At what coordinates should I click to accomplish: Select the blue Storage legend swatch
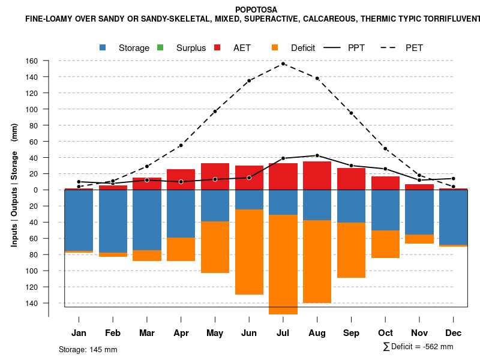104,47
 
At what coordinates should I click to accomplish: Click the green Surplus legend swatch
160,47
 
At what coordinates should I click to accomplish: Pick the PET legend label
414,48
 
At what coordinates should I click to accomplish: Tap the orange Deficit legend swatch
275,47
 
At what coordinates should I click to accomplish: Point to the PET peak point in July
283,64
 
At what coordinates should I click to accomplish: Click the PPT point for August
317,155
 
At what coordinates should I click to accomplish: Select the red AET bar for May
215,176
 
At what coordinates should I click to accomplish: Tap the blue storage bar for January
79,220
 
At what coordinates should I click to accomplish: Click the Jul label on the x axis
283,333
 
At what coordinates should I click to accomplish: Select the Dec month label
454,333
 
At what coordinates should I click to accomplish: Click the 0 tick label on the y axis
36,190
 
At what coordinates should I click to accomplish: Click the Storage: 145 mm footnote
88,349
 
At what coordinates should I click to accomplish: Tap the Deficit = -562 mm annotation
418,347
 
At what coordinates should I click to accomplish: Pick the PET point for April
181,145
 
